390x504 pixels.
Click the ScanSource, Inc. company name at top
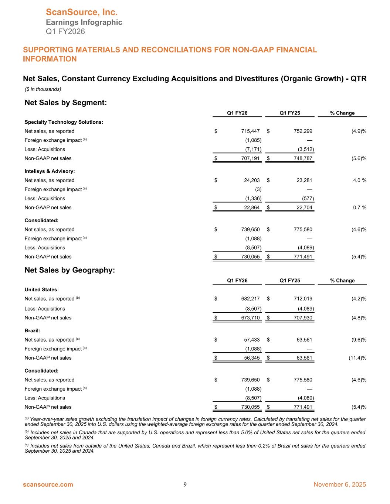pos(82,13)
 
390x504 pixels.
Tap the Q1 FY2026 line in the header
pos(65,31)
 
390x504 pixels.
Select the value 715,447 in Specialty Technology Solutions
pos(250,131)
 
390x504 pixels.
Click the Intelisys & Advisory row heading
pos(50,171)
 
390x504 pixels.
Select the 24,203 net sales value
pos(252,180)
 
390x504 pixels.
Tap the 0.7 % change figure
pos(359,208)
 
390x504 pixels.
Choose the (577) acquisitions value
pos(308,198)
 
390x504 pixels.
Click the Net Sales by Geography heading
pos(70,270)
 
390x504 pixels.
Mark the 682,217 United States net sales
pos(250,299)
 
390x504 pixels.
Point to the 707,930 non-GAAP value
pos(303,318)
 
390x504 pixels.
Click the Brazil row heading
pos(32,331)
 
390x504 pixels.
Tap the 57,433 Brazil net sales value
pos(252,340)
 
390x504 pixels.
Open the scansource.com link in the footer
pos(48,484)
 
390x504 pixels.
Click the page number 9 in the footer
pos(185,484)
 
